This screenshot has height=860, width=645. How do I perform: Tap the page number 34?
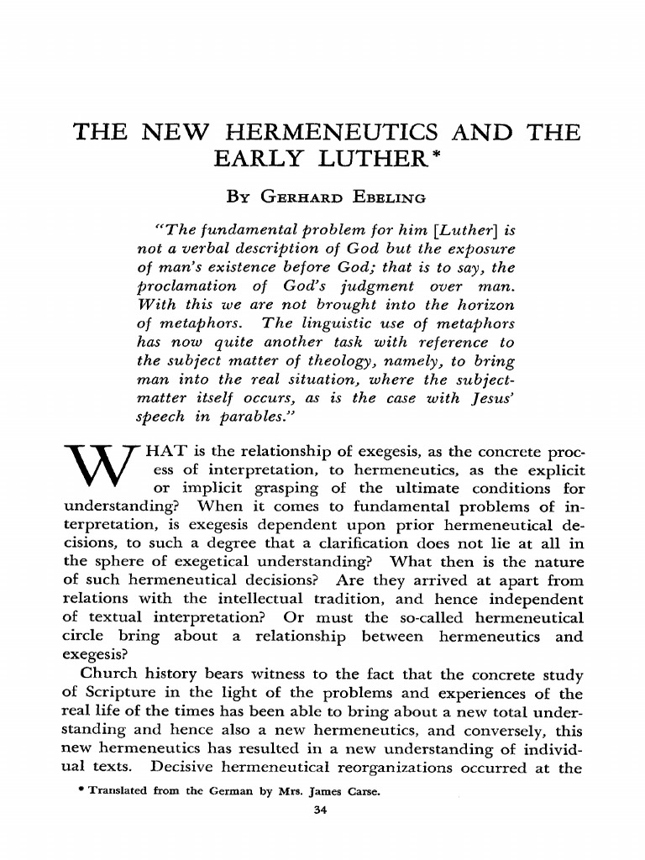318,810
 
